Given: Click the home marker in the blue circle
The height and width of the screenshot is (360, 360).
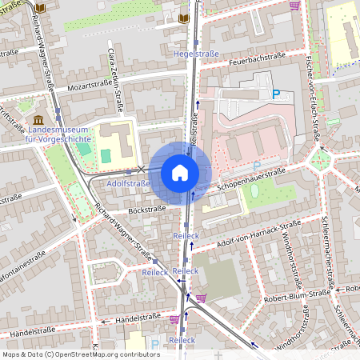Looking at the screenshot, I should pos(180,173).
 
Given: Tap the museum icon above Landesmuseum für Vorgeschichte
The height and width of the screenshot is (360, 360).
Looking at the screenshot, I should pos(38,118).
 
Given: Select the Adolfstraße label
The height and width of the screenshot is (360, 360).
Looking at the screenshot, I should pos(128,183).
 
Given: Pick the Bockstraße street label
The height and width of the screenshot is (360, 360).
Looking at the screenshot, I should pos(146,209).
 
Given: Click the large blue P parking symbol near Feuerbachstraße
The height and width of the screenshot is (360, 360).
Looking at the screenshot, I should pos(277,94).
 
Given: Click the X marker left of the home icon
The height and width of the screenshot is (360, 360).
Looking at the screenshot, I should pos(142,169).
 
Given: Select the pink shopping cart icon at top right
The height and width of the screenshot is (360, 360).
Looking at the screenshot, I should pos(294,5).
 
